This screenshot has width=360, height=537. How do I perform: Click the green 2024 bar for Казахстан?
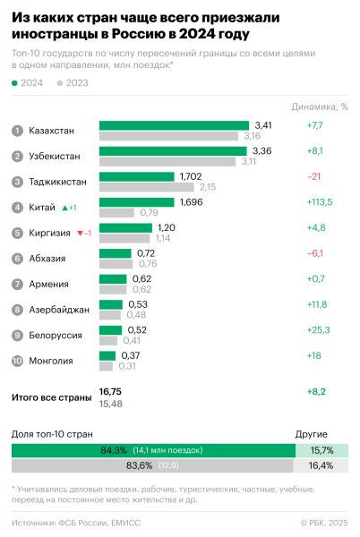[174, 125]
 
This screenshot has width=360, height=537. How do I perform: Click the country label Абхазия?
[48, 259]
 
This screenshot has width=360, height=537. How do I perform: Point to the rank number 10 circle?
[17, 361]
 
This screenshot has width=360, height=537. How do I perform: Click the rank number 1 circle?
[17, 131]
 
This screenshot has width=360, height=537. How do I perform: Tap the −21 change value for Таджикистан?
[314, 176]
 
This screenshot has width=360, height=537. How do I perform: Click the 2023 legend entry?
[72, 83]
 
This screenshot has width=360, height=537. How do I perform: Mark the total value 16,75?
[110, 392]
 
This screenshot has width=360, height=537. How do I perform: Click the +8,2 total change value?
[316, 392]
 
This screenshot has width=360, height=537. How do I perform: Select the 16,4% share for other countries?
[320, 465]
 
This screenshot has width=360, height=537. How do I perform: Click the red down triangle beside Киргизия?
[79, 234]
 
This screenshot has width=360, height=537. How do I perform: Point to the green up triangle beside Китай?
[65, 208]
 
